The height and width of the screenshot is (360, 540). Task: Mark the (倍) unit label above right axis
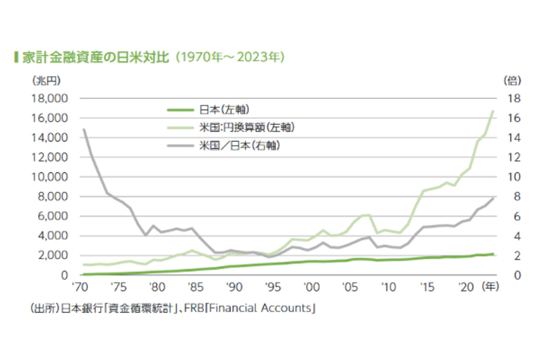(513, 81)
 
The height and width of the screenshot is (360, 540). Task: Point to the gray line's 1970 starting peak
(84, 130)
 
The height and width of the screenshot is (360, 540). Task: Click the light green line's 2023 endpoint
(493, 111)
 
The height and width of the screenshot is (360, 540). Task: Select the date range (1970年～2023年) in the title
(229, 58)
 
